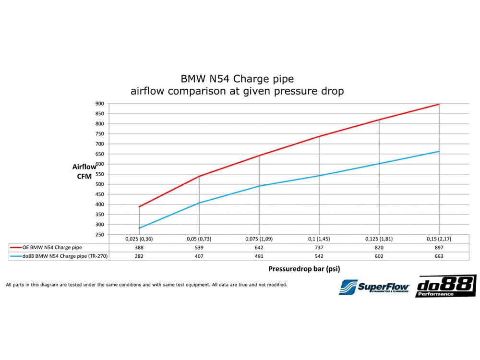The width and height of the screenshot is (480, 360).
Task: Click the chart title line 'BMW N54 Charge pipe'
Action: pyautogui.click(x=237, y=78)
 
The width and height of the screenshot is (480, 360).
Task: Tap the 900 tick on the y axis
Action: pyautogui.click(x=99, y=104)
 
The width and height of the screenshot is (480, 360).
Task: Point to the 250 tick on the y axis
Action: pyautogui.click(x=99, y=235)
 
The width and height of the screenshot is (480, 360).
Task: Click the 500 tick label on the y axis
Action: pyautogui.click(x=99, y=184)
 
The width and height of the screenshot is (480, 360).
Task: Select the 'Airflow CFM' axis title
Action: pyautogui.click(x=84, y=171)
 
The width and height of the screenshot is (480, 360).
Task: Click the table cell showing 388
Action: pyautogui.click(x=139, y=247)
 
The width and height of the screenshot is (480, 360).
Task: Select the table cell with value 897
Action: pyautogui.click(x=439, y=247)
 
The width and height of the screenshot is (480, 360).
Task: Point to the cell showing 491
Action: pyautogui.click(x=259, y=256)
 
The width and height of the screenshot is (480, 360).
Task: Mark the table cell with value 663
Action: pyautogui.click(x=439, y=256)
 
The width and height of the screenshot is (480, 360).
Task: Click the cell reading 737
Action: pyautogui.click(x=319, y=247)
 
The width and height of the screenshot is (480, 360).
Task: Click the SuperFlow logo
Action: pyautogui.click(x=374, y=287)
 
